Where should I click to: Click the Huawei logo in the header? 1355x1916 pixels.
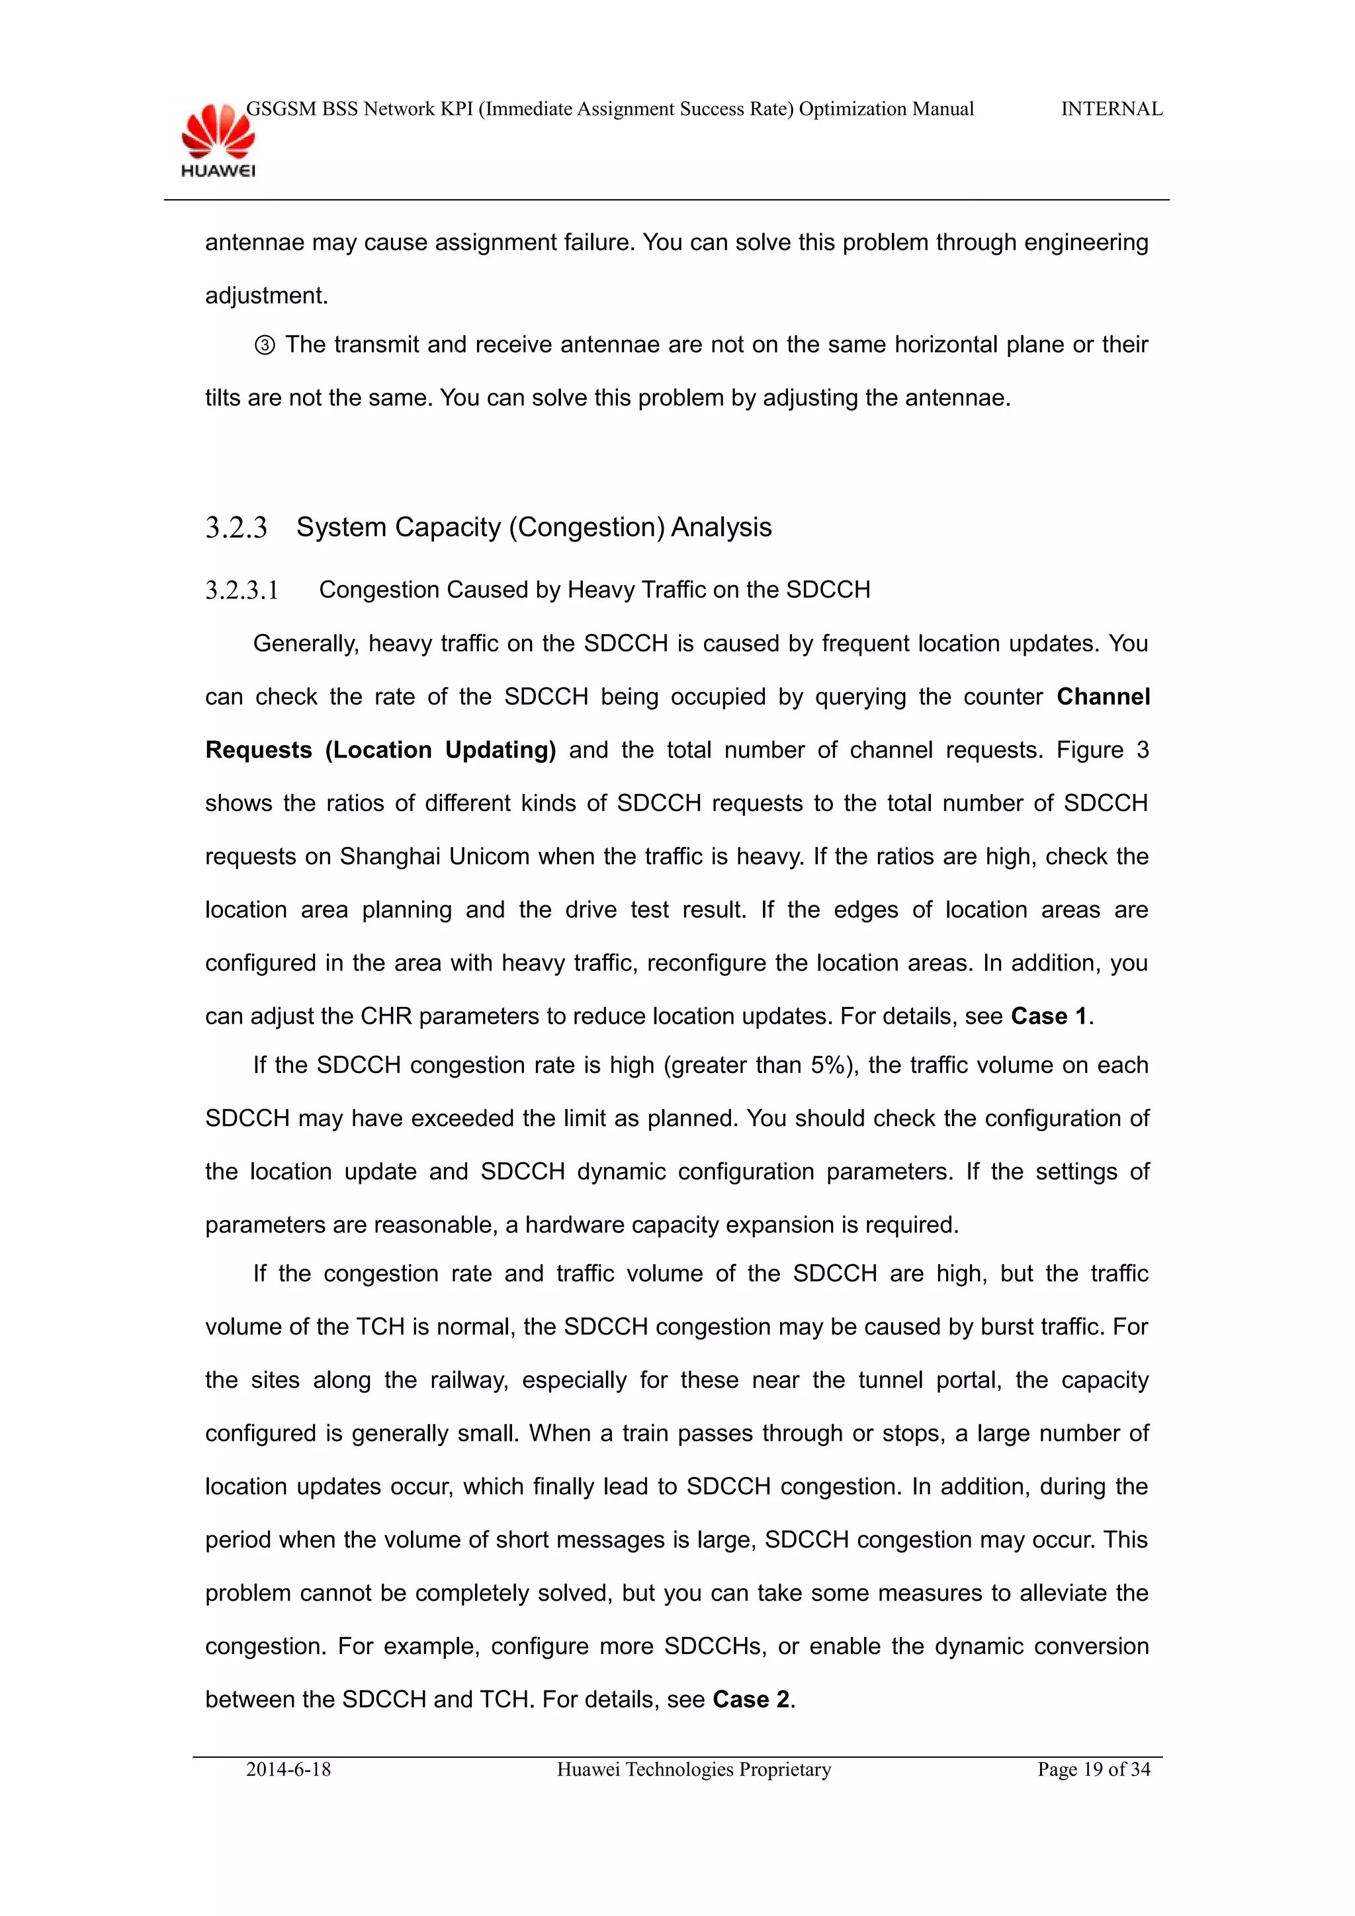[218, 140]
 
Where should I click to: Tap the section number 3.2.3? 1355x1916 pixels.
[236, 528]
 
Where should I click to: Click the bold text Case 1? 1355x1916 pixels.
[1049, 1016]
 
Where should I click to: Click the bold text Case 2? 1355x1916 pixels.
[750, 1700]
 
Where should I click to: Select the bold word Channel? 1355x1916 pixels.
[1103, 697]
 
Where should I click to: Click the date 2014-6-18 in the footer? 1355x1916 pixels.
[288, 1770]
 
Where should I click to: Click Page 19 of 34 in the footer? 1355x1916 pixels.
[1093, 1770]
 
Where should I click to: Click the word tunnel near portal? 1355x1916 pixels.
[890, 1380]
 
